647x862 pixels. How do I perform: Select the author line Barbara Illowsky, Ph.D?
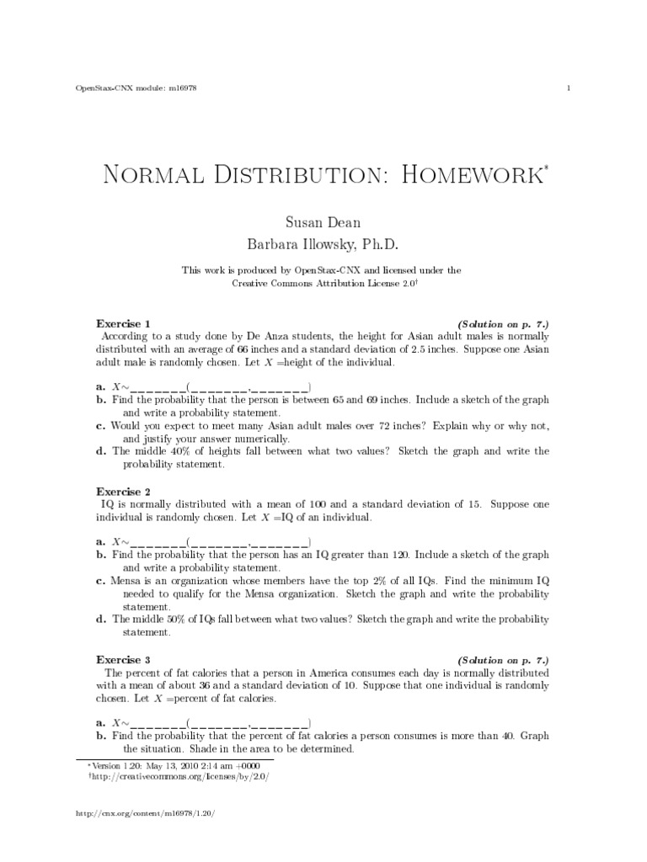point(323,244)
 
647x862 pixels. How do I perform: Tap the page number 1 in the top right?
point(571,88)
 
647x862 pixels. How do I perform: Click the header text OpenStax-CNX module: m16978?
point(136,88)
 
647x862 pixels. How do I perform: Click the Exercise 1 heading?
point(124,323)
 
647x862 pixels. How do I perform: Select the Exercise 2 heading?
point(124,490)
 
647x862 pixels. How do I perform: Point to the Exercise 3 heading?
point(124,660)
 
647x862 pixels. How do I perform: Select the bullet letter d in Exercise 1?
point(101,451)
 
